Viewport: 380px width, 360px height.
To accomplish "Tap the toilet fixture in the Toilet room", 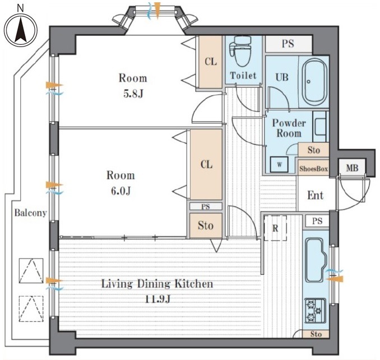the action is click(x=241, y=52).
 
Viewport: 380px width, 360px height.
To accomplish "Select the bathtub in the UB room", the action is click(x=314, y=82).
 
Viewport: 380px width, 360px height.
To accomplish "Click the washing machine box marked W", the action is click(x=279, y=165).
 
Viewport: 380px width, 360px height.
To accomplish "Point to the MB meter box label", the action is click(x=352, y=168).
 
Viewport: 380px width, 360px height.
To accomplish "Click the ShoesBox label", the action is click(x=313, y=168).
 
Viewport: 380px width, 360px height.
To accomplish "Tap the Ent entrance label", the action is click(x=316, y=195).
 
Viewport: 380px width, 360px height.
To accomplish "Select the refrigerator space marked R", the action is click(x=275, y=228).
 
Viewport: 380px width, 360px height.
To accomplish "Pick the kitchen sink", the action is click(x=316, y=260).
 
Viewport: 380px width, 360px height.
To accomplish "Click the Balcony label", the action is click(x=30, y=213).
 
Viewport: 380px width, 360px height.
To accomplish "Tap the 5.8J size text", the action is click(x=133, y=94).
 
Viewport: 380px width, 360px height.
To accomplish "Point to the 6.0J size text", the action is click(x=121, y=191).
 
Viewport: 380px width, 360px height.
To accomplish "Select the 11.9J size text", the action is click(x=157, y=299).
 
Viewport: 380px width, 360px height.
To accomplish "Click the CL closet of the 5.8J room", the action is click(x=210, y=62).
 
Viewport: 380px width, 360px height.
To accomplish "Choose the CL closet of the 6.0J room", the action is click(x=206, y=165).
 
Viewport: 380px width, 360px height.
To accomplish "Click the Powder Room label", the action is click(x=289, y=128).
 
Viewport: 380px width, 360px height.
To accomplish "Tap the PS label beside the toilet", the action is click(x=288, y=44).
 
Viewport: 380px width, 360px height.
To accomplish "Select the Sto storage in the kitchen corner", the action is click(x=316, y=334).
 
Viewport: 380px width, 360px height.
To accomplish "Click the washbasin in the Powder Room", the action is click(x=321, y=126).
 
